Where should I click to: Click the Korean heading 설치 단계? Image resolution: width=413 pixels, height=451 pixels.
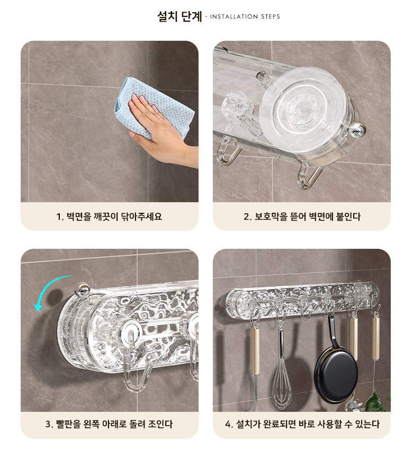point(179,16)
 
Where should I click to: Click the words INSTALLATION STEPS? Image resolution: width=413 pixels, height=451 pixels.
point(245,17)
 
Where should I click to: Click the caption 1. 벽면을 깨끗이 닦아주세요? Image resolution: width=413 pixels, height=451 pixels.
point(110,217)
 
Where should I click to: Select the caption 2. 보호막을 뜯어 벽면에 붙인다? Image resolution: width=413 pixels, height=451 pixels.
point(302,217)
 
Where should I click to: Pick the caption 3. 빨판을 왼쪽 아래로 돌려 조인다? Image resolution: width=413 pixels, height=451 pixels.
point(109,424)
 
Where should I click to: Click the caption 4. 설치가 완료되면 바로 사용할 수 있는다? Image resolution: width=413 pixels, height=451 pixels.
point(302,424)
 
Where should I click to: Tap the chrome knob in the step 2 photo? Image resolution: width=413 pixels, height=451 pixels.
point(357,130)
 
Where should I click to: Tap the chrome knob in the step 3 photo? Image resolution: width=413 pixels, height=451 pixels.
point(82,290)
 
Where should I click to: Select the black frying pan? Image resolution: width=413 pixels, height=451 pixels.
point(336,374)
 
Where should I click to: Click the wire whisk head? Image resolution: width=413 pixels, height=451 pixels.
point(281,385)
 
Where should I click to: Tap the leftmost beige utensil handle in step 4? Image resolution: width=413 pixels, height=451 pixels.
point(255,351)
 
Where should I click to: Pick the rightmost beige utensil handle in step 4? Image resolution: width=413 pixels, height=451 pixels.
point(376,338)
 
